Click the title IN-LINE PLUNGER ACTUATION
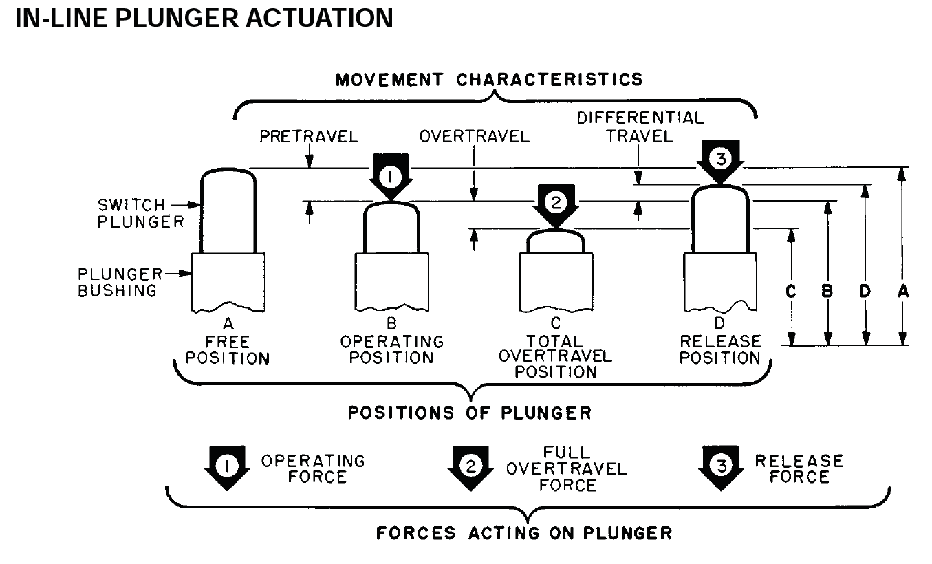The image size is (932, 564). click(204, 19)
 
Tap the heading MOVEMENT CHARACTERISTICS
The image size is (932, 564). click(489, 80)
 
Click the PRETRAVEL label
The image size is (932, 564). click(309, 137)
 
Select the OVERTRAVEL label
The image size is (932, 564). click(475, 137)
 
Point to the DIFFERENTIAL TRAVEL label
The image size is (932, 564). click(640, 127)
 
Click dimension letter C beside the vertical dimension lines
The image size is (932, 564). click(790, 292)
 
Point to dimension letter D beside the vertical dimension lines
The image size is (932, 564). click(865, 292)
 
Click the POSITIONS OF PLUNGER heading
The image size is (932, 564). click(469, 413)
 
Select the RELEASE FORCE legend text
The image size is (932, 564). click(799, 468)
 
